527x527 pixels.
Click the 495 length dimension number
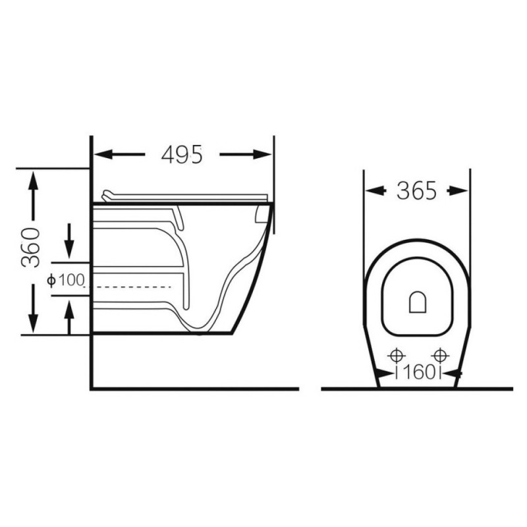click(182, 155)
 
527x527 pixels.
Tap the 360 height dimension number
click(30, 248)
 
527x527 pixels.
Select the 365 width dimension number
click(416, 190)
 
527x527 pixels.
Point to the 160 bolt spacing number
click(419, 372)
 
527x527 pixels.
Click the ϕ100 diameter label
click(65, 280)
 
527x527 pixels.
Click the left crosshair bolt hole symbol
click(397, 355)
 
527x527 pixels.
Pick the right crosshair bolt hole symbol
click(440, 355)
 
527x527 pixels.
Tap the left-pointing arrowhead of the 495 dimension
click(102, 155)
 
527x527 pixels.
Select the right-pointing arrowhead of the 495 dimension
click(262, 155)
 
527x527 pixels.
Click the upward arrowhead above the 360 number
click(33, 180)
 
